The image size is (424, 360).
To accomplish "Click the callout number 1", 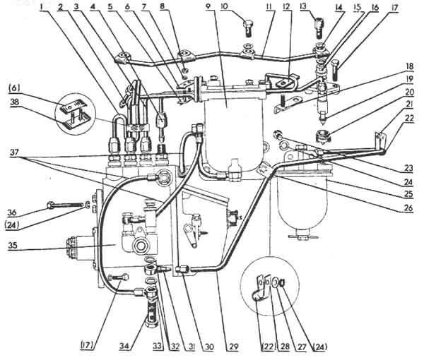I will [x=43, y=8].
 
